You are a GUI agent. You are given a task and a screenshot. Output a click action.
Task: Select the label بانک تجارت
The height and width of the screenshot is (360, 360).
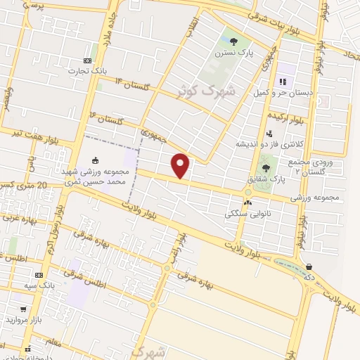click(86, 70)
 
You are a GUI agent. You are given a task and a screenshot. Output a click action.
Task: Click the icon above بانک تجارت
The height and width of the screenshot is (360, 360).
click(86, 60)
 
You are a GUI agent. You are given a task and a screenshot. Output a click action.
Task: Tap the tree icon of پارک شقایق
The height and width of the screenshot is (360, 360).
click(266, 168)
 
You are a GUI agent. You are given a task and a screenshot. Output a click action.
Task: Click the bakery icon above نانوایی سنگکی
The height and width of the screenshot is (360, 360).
click(247, 202)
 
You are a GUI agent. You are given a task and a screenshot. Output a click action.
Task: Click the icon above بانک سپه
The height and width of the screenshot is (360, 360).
click(39, 275)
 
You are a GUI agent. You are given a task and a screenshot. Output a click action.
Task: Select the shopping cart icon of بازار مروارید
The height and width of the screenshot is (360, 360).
click(23, 309)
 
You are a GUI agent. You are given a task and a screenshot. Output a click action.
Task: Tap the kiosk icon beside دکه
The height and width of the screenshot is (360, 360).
click(310, 266)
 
